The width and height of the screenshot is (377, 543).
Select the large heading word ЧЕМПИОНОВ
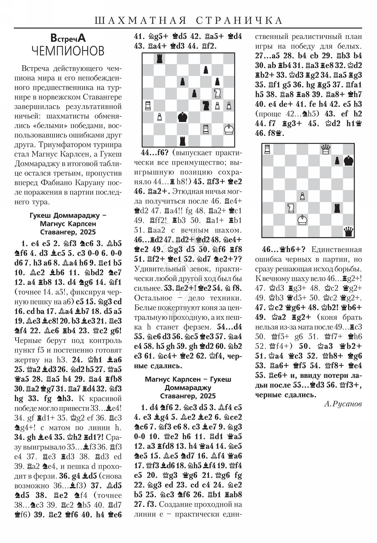pos(68,51)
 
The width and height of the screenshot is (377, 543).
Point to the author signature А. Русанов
pos(343,404)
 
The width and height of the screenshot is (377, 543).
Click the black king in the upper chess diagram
pos(182,117)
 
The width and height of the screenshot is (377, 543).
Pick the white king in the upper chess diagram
pos(229,129)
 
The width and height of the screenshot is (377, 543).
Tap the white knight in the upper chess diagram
pos(217,94)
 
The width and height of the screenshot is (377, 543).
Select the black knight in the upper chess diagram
pos(206,105)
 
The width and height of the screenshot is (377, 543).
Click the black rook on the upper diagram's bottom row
pos(182,141)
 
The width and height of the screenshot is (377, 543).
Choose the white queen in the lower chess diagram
pos(325,149)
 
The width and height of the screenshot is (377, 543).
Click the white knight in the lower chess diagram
pos(291,208)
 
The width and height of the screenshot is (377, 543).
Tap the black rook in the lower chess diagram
pos(337,208)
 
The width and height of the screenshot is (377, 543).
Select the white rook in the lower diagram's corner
pos(267,149)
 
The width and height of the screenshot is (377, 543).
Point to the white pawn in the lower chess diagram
pos(302,196)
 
